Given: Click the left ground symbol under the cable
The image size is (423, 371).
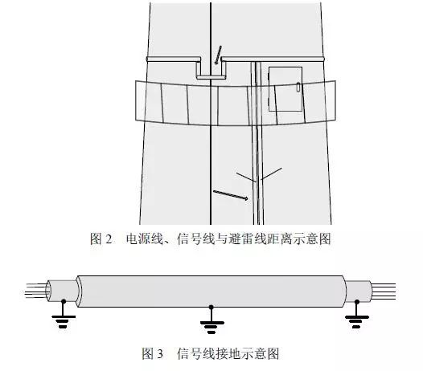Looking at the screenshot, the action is (x=63, y=316).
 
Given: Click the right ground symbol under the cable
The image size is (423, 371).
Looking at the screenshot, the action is (x=356, y=317).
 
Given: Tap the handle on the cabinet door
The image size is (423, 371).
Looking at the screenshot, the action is (x=298, y=88).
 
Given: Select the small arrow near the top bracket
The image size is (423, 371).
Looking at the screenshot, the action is (x=218, y=55).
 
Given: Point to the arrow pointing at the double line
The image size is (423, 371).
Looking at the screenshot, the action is (x=231, y=195).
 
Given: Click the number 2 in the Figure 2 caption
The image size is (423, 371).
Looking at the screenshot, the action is (x=109, y=239).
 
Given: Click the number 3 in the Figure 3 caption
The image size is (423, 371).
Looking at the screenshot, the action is (x=160, y=354).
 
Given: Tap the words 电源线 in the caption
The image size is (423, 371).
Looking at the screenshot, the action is (x=144, y=239).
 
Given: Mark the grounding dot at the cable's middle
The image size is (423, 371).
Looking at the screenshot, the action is (x=211, y=307).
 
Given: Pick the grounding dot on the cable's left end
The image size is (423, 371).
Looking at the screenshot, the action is (x=64, y=301).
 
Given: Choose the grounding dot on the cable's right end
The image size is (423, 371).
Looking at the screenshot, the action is (x=356, y=301).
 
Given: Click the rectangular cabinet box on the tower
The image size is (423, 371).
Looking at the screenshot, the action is (x=285, y=89).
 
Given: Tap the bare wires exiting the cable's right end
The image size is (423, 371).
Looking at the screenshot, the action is (x=384, y=291).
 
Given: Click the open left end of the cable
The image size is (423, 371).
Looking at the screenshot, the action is (x=48, y=291).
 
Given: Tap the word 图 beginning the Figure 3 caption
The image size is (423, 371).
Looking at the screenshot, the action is (x=148, y=354).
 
